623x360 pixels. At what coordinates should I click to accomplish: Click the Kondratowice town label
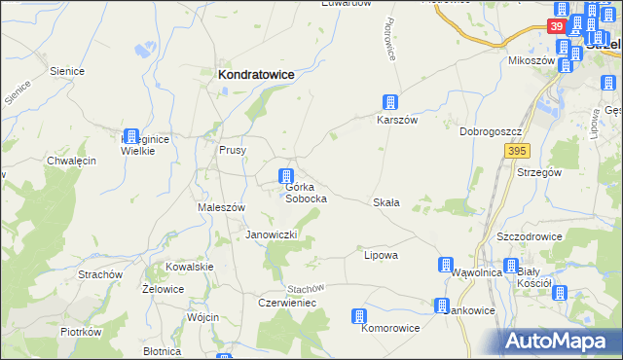click(256, 74)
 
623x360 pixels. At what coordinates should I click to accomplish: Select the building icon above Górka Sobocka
click(286, 176)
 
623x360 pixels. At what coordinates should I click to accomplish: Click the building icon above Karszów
click(389, 102)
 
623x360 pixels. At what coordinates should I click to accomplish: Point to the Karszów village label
click(397, 120)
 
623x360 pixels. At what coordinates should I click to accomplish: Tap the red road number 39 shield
click(556, 26)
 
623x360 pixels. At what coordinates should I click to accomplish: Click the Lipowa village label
click(381, 255)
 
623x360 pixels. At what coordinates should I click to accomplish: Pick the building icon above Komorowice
click(359, 316)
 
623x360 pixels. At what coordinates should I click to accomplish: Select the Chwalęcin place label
click(71, 161)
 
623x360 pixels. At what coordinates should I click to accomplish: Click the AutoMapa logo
click(561, 341)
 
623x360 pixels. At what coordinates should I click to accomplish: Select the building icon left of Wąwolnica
click(446, 265)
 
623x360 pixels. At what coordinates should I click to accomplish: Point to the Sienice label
click(65, 71)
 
